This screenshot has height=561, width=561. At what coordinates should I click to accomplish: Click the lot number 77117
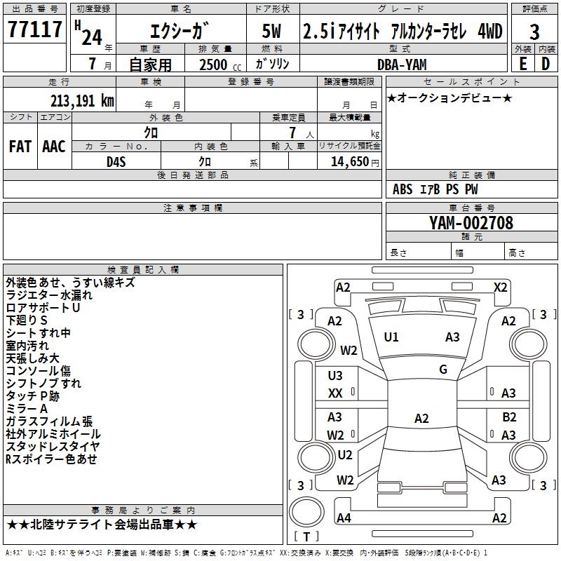tap(34, 30)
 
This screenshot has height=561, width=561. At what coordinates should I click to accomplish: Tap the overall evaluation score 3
tap(534, 32)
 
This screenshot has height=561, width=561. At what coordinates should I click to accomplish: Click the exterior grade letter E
tap(522, 64)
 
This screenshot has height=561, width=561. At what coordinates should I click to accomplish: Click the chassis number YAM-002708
tap(471, 223)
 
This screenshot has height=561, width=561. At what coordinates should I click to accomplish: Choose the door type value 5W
tap(272, 31)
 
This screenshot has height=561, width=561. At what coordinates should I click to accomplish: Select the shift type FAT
tap(20, 146)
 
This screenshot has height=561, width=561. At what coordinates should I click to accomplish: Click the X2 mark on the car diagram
tap(500, 287)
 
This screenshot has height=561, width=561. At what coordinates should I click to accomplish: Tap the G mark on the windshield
tap(443, 369)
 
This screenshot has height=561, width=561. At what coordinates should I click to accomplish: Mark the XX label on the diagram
tap(336, 393)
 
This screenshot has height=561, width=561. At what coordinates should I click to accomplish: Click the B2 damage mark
tap(509, 417)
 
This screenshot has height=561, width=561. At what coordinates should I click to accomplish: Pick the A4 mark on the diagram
tap(344, 518)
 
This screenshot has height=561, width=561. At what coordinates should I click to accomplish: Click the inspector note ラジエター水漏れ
tap(49, 295)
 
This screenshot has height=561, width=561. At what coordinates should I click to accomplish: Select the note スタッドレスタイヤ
tap(53, 447)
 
